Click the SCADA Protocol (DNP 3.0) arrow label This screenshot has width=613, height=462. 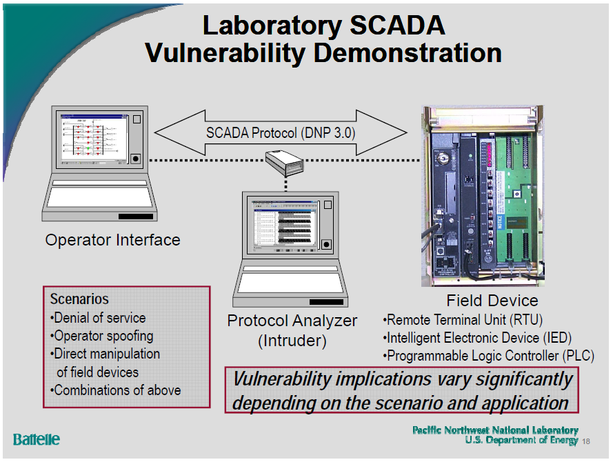(x=281, y=132)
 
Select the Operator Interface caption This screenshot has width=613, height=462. (x=112, y=240)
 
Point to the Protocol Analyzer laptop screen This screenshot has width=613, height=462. (x=283, y=225)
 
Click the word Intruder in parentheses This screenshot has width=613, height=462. (x=292, y=341)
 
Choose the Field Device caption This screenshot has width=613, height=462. (x=492, y=301)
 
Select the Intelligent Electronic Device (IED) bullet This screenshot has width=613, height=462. (x=477, y=338)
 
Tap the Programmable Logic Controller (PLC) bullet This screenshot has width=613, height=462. (x=488, y=356)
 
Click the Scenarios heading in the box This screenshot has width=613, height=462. (x=79, y=299)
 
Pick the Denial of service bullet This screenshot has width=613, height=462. (x=99, y=318)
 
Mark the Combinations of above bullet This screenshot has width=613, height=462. (x=116, y=390)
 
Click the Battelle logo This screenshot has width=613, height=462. (x=37, y=439)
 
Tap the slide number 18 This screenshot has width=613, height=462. (x=587, y=441)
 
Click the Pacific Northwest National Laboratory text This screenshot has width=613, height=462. (x=495, y=430)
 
